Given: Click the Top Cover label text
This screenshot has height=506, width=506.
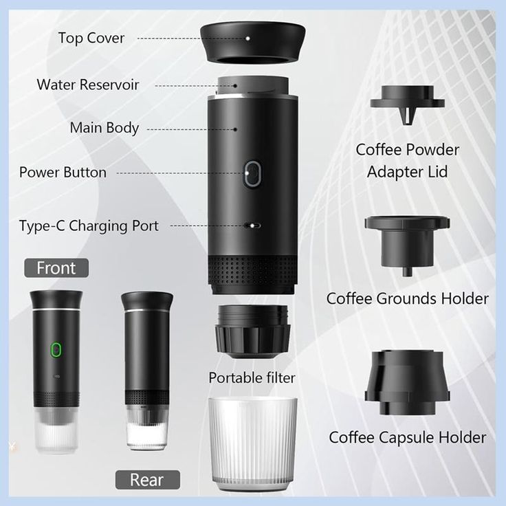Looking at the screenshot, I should [91, 38].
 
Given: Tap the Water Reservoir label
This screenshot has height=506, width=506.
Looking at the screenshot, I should [88, 85].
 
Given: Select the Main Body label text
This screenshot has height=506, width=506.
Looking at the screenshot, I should [104, 128].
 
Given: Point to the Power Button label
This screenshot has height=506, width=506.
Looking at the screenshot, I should [63, 172].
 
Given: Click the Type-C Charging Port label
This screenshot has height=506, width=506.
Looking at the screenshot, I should [89, 225].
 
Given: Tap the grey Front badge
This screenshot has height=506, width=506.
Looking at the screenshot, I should [56, 267].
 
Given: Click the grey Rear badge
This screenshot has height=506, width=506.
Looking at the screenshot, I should [147, 479].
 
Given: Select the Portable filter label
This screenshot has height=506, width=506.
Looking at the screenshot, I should [252, 377].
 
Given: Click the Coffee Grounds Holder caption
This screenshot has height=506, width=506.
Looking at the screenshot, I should [407, 298].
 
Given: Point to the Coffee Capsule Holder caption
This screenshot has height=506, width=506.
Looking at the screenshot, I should [407, 437].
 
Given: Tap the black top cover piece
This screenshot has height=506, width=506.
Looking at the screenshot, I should [253, 43].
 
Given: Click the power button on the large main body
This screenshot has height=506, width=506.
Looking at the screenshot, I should [252, 174].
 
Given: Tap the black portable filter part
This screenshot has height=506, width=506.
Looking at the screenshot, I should [252, 333].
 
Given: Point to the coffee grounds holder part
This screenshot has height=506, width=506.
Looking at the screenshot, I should [408, 241].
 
